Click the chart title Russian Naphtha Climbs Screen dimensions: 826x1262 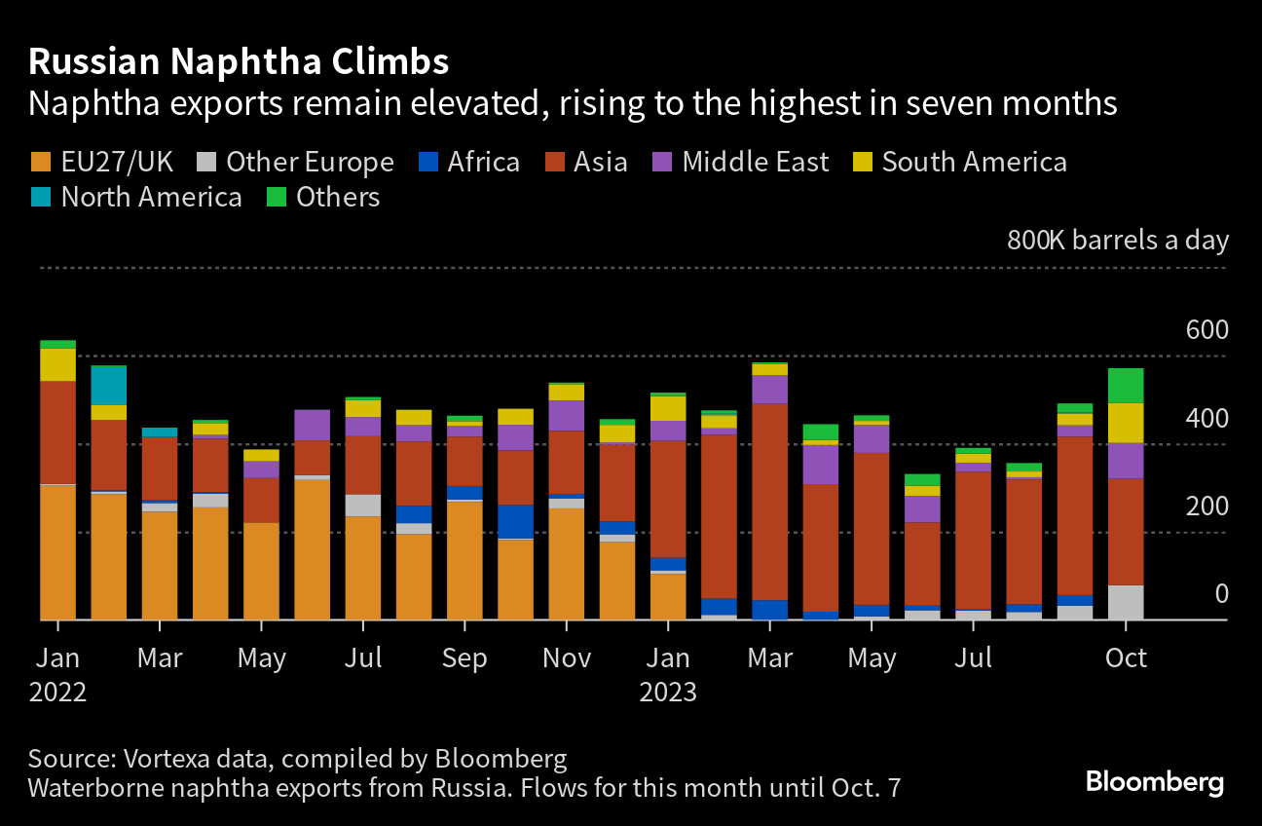coord(239,62)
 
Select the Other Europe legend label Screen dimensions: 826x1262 coord(310,162)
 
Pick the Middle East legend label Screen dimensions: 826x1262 coord(755,162)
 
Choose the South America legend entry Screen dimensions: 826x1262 coord(974,162)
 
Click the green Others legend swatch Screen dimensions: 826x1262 coord(278,198)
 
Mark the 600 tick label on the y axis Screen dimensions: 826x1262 coord(1206,330)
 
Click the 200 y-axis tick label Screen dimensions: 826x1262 coord(1206,507)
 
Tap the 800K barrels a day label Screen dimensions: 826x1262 coord(1117,241)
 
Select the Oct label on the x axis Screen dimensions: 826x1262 coord(1126,658)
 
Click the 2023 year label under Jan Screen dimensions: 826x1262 coord(668,693)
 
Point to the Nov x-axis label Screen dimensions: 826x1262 coord(566,658)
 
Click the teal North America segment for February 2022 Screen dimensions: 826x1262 coord(109,385)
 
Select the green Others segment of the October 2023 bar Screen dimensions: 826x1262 coord(1126,385)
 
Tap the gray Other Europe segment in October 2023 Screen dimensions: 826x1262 coord(1126,602)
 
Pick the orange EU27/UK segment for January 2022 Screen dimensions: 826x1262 coord(57,551)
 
